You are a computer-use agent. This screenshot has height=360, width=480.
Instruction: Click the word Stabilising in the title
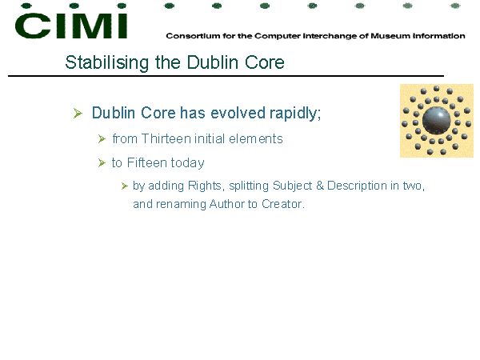(x=107, y=63)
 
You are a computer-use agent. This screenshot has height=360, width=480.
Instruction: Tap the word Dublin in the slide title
(x=213, y=62)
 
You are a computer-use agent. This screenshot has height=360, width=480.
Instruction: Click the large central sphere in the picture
(x=436, y=120)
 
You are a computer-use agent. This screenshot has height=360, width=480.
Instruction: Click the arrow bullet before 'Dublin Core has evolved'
(x=78, y=114)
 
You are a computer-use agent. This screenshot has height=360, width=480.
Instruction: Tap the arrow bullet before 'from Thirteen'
(x=102, y=139)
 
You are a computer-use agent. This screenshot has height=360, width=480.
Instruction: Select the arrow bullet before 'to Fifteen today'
(x=102, y=163)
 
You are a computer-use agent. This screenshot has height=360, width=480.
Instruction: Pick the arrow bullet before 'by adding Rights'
(x=124, y=186)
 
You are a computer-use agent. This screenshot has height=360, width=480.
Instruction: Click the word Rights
(x=205, y=186)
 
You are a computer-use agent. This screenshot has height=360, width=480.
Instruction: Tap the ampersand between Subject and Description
(x=320, y=186)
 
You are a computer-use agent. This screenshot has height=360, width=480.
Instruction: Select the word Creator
(x=283, y=204)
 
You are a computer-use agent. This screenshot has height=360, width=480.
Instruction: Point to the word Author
(x=227, y=204)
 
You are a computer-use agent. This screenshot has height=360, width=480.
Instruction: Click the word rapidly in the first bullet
(x=295, y=114)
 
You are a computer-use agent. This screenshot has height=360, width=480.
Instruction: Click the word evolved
(x=238, y=113)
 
